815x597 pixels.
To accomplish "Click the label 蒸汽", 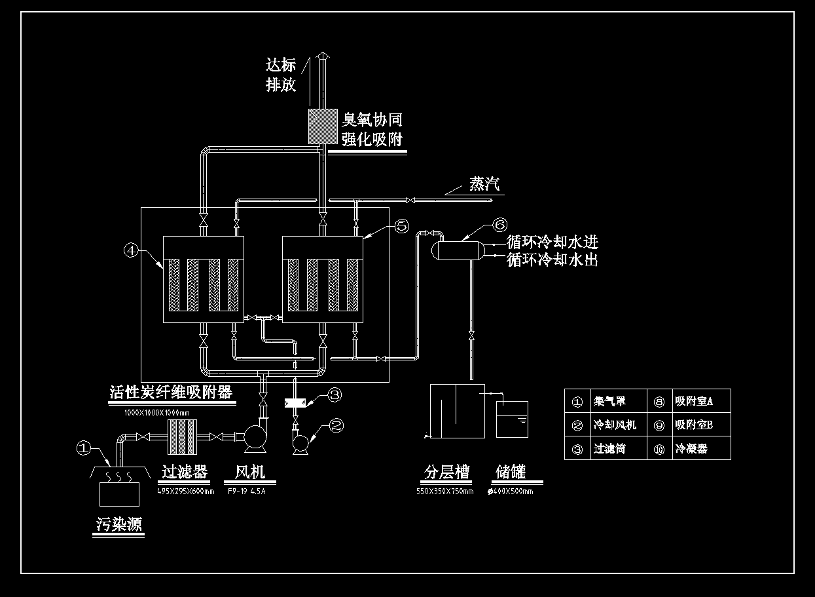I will [484, 184].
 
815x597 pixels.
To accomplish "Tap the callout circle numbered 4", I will [131, 250].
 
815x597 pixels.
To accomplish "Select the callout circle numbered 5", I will [401, 226].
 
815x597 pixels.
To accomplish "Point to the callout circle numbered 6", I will [499, 225].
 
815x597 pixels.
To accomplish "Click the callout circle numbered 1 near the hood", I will [83, 448].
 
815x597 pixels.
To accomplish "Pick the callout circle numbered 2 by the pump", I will [336, 425].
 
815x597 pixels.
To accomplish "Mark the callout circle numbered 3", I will [334, 395].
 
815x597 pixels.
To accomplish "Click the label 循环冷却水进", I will [552, 243].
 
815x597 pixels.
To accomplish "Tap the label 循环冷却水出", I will [552, 260].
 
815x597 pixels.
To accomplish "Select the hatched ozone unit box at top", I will [321, 126].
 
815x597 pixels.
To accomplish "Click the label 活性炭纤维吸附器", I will [171, 392].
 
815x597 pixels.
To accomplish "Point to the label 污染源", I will [118, 524].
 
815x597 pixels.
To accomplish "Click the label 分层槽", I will [446, 472].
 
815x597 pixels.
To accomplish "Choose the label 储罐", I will [511, 472].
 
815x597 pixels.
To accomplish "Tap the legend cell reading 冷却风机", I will [609, 425].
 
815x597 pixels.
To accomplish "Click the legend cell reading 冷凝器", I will [691, 449].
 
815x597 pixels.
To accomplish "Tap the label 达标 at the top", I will [281, 64].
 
